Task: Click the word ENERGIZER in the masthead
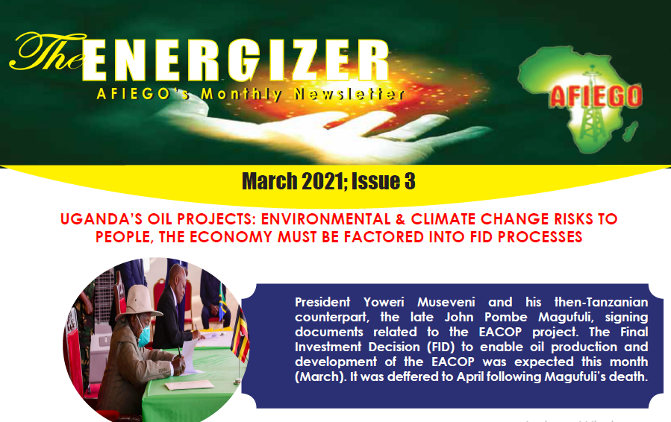click(x=235, y=60)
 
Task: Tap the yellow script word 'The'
click(x=46, y=52)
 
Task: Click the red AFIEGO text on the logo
click(x=596, y=95)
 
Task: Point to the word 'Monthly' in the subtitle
click(x=241, y=94)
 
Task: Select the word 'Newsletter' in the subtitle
click(x=349, y=94)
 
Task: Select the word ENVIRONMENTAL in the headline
click(x=326, y=219)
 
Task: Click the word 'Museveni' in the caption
click(x=446, y=302)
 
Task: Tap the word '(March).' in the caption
click(x=320, y=377)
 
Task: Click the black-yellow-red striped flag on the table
click(x=240, y=333)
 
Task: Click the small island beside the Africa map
click(x=631, y=130)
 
